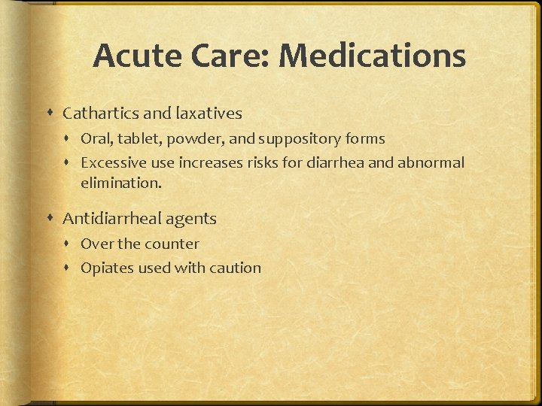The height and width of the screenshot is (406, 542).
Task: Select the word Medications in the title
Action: point(372,56)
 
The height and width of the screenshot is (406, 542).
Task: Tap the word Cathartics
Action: point(100,114)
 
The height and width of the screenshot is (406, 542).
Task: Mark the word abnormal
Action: point(432,162)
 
